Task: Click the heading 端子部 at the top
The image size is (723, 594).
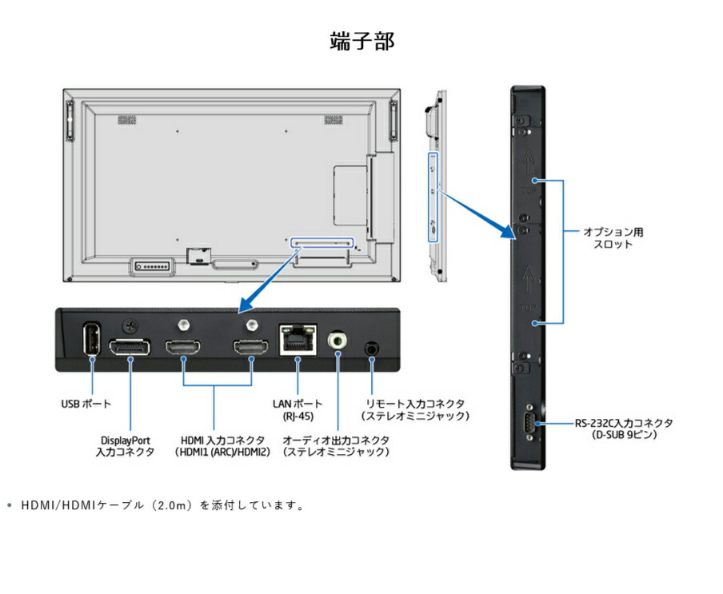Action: tap(361, 42)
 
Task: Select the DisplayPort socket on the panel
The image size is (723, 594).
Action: tap(130, 349)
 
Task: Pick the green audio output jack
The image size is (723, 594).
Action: tap(338, 341)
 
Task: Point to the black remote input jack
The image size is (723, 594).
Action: tap(372, 349)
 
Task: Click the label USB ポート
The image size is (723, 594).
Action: tap(86, 404)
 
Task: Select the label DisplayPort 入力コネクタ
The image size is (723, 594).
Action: tap(126, 446)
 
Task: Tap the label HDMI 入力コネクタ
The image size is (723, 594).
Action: tap(222, 446)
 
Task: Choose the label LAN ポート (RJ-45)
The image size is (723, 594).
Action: tap(298, 410)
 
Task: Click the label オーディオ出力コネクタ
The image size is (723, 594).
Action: tap(337, 446)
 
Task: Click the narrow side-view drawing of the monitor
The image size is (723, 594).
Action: tap(433, 184)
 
